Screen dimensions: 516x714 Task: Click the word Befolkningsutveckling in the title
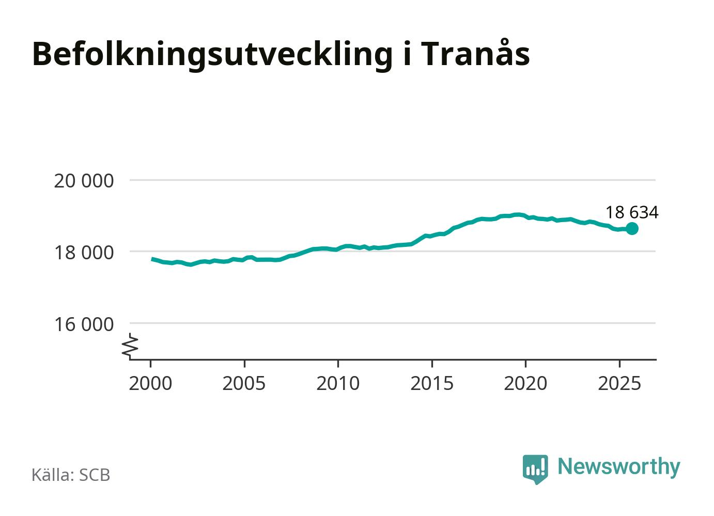pyautogui.click(x=212, y=54)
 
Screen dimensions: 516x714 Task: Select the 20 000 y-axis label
pyautogui.click(x=84, y=181)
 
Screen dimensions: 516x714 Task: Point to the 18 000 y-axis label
pyautogui.click(x=84, y=253)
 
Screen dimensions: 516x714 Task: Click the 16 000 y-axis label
pyautogui.click(x=84, y=324)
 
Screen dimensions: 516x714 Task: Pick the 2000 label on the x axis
pyautogui.click(x=150, y=383)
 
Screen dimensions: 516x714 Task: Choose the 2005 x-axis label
pyautogui.click(x=244, y=383)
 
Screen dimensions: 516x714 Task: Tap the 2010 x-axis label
pyautogui.click(x=338, y=383)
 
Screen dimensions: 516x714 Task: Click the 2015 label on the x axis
pyautogui.click(x=432, y=383)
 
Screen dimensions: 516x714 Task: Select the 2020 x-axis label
pyautogui.click(x=525, y=383)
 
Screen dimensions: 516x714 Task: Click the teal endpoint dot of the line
pyautogui.click(x=632, y=228)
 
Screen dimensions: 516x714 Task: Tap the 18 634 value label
pyautogui.click(x=631, y=212)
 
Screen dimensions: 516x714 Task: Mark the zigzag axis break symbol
pyautogui.click(x=131, y=346)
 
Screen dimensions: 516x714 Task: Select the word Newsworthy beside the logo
pyautogui.click(x=619, y=466)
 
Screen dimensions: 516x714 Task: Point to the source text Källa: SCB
pyautogui.click(x=71, y=475)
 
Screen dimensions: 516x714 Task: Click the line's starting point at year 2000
pyautogui.click(x=152, y=259)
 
